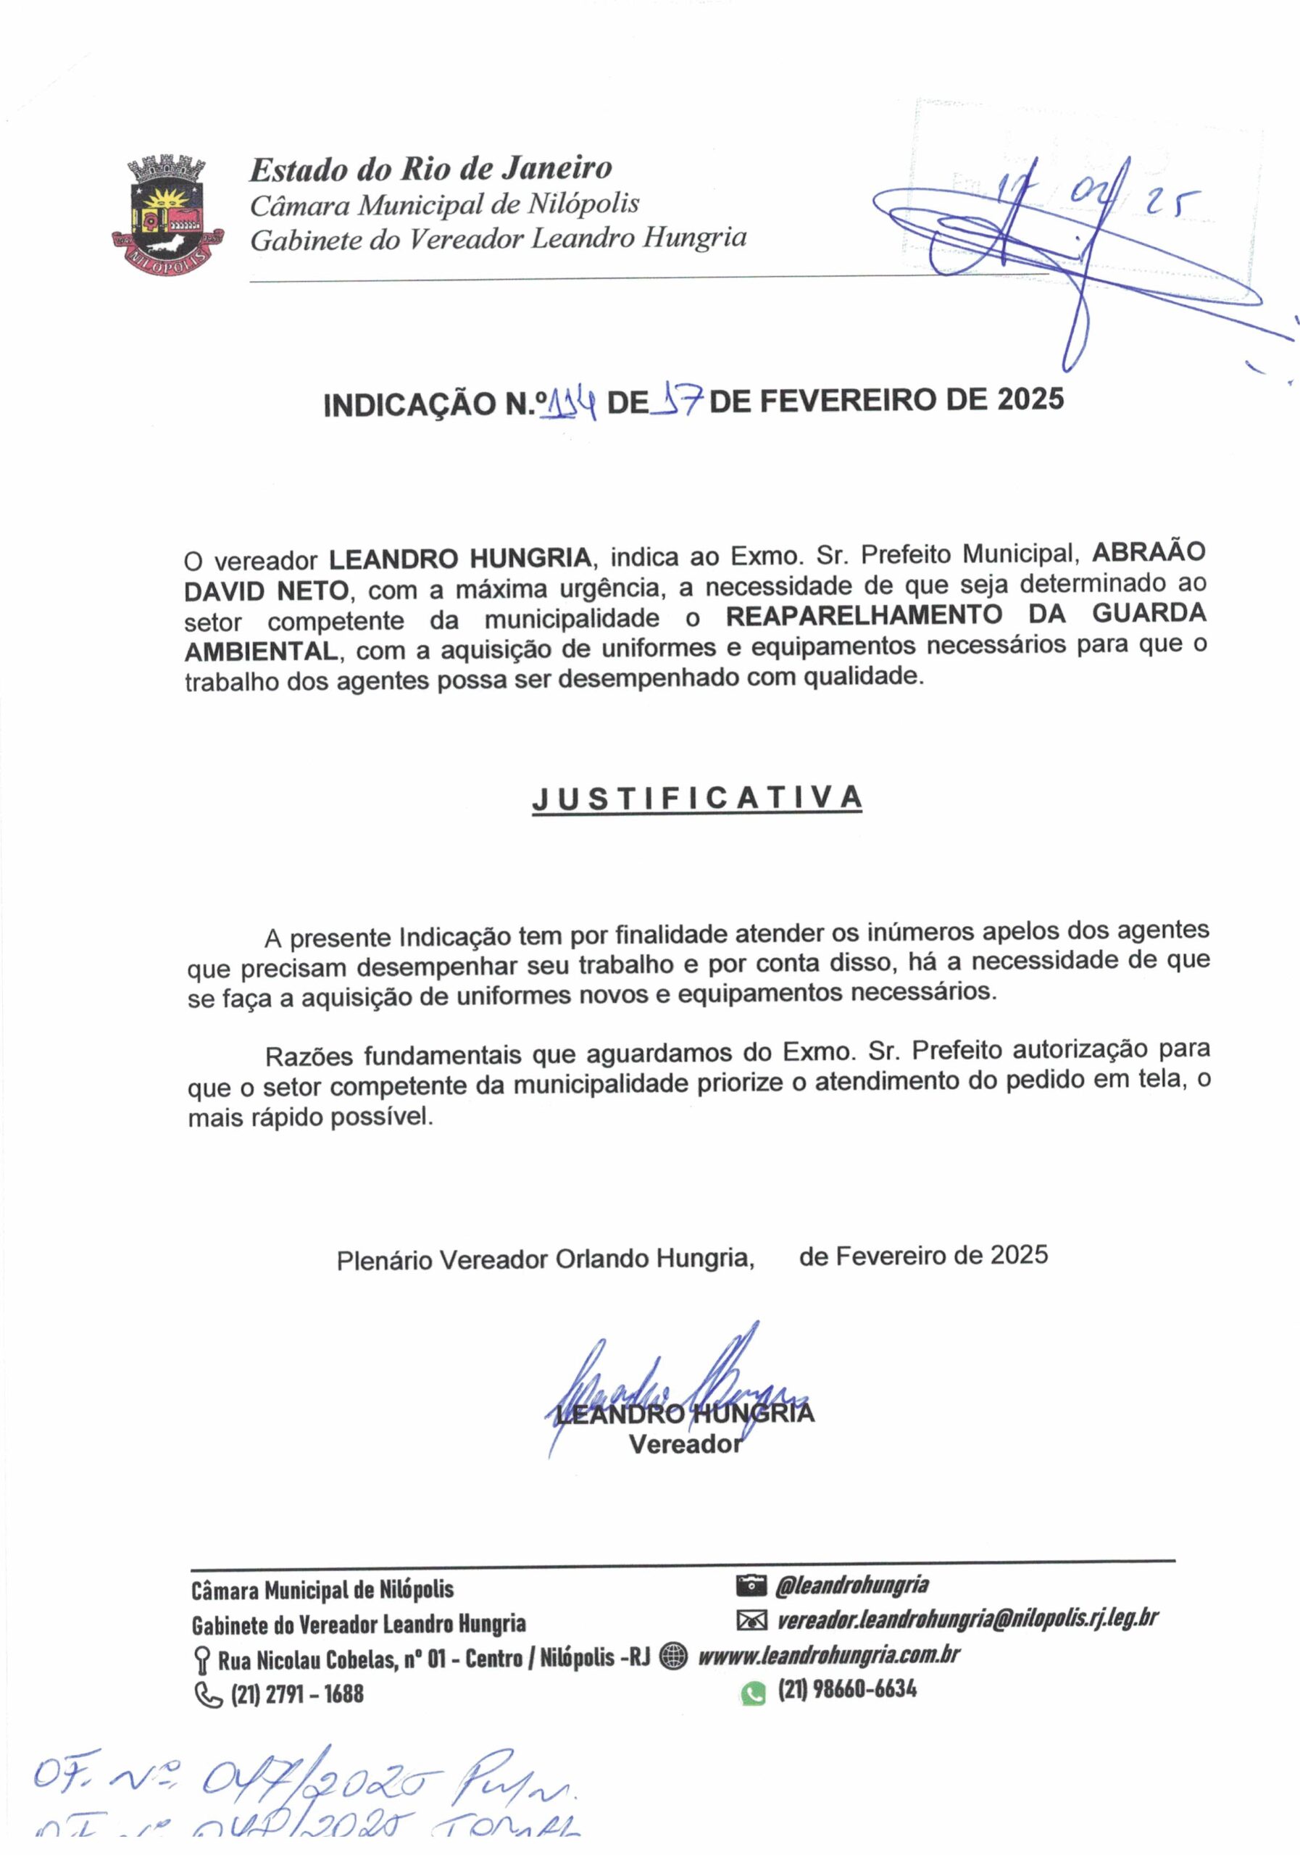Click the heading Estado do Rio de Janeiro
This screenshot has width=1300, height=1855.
[430, 169]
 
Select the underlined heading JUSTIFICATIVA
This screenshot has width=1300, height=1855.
[696, 799]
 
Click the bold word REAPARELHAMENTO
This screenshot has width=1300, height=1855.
[863, 616]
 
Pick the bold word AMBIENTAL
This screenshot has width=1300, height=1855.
[261, 651]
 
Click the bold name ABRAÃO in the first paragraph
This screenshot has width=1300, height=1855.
[1148, 552]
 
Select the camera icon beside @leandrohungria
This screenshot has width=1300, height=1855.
[751, 1586]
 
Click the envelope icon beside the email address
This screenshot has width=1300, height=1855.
[751, 1620]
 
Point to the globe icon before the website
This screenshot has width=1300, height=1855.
[673, 1656]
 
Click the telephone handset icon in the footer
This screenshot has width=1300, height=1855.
[209, 1694]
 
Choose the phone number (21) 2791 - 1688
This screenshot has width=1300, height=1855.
[297, 1694]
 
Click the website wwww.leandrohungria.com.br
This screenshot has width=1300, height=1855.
[828, 1656]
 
